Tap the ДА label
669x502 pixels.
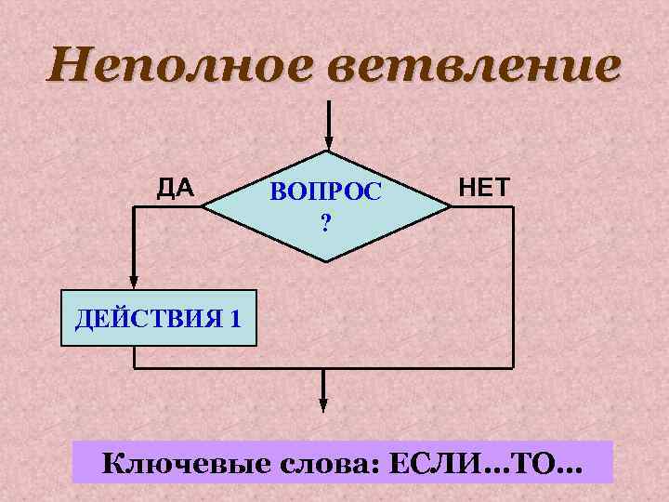coord(175,189)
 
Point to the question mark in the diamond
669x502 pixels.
coord(325,223)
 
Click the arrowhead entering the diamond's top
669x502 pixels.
coord(326,142)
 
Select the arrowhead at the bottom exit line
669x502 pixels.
coord(323,404)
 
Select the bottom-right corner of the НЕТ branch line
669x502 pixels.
coord(514,368)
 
